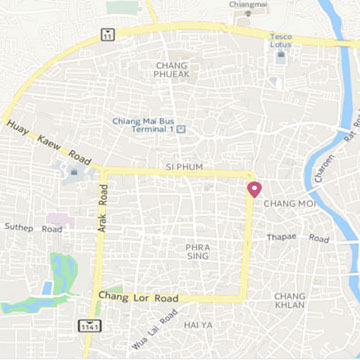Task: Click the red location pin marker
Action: point(254,188)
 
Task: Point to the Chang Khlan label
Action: point(290,302)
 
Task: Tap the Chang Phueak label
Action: point(172,70)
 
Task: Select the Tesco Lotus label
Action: point(281,41)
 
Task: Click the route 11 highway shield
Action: point(107,34)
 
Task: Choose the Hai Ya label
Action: point(199,325)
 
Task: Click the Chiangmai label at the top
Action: point(248,5)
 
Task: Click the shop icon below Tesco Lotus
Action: point(281,56)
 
